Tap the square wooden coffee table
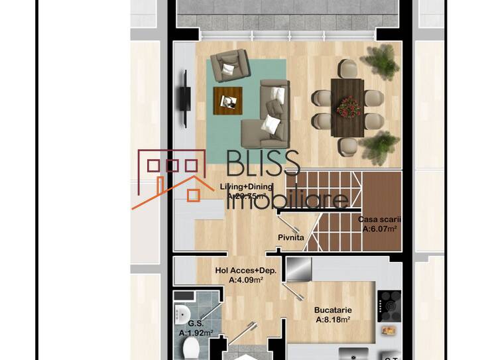[x=227, y=100]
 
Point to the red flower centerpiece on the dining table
[x=348, y=106]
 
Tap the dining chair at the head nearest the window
[x=347, y=68]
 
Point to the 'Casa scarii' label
[x=380, y=219]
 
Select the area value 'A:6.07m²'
[x=379, y=229]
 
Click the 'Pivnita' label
[x=291, y=237]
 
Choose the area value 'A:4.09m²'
[x=246, y=280]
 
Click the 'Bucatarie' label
[x=333, y=310]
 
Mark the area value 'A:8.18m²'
[x=333, y=319]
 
